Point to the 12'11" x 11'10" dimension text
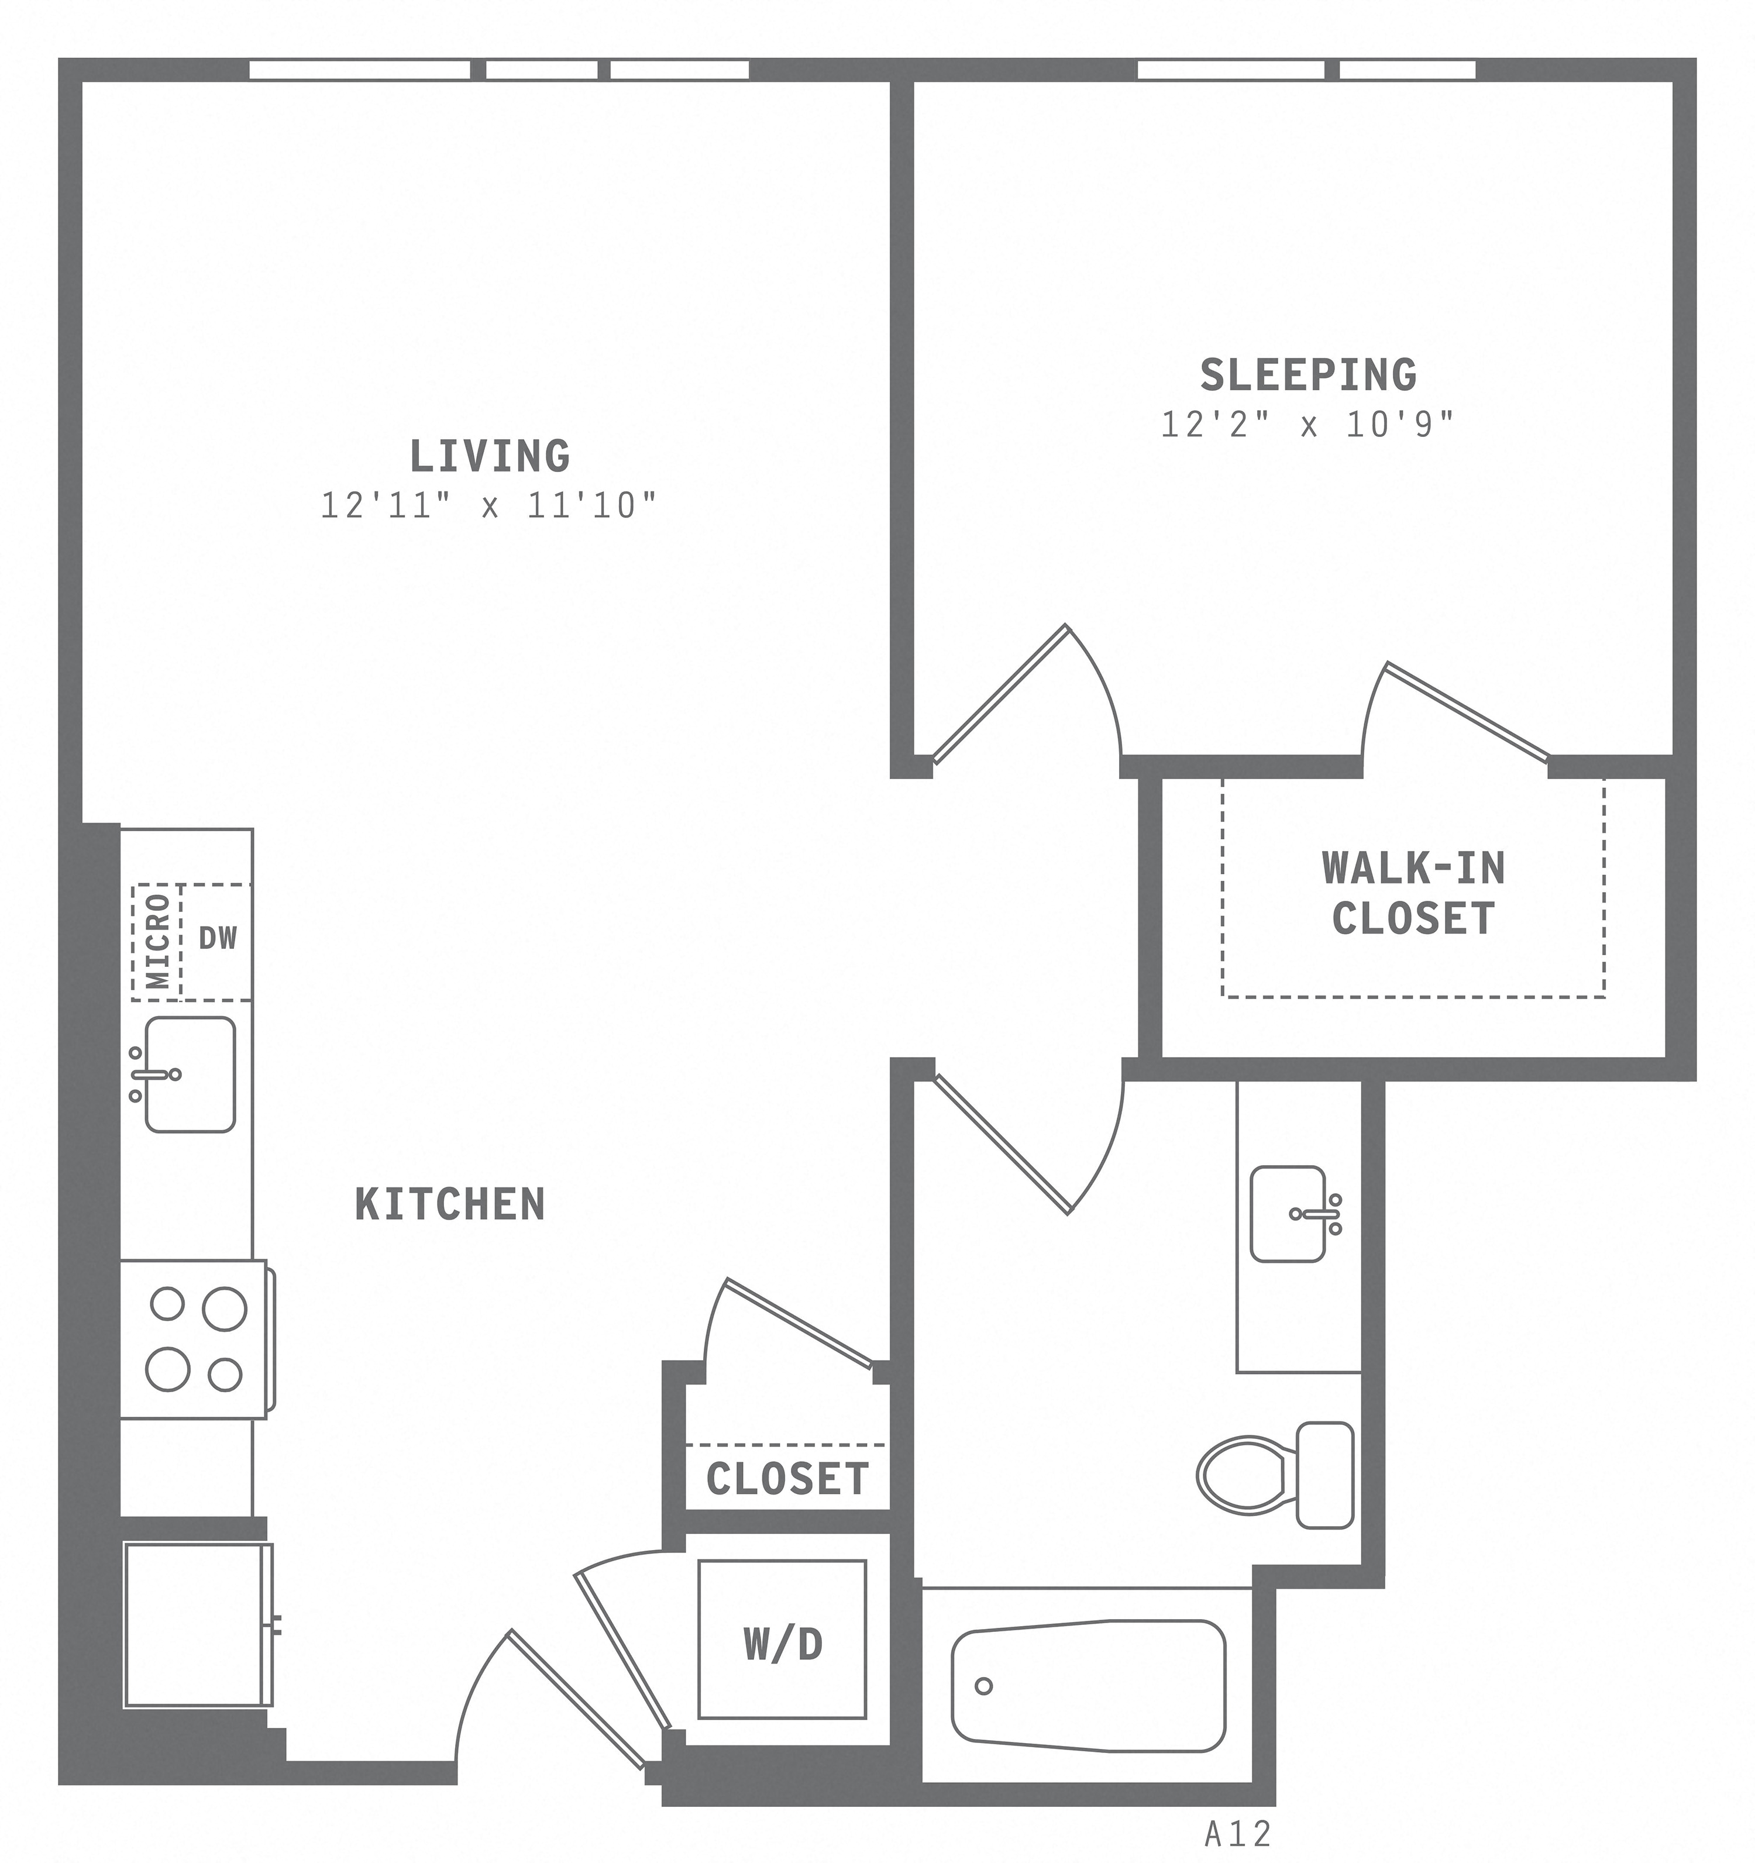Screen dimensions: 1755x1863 pos(488,506)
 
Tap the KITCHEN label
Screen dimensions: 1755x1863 pos(450,1204)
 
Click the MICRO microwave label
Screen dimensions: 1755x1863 pos(159,941)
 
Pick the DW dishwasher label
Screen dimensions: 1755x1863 pos(218,938)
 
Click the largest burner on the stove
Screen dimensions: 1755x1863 pos(224,1308)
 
